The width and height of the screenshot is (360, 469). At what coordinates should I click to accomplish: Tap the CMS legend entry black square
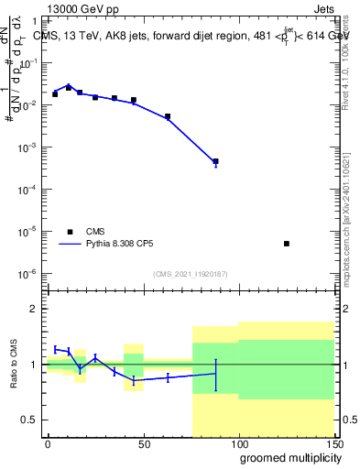tap(69, 232)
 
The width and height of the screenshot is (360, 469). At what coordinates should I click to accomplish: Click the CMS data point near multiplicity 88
tap(215, 161)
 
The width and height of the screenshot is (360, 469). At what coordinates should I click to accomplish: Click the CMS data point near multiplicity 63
tap(168, 116)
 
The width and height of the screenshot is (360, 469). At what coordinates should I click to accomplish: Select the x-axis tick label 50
tap(143, 444)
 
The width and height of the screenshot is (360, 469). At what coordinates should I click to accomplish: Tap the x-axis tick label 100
tap(238, 444)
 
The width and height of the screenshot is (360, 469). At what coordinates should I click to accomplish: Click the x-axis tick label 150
tap(333, 444)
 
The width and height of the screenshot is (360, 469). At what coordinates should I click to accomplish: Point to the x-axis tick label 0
tap(48, 444)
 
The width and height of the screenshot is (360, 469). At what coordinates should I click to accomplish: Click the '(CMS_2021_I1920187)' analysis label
tap(190, 274)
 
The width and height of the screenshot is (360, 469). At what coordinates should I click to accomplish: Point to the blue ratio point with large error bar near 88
tap(215, 373)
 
